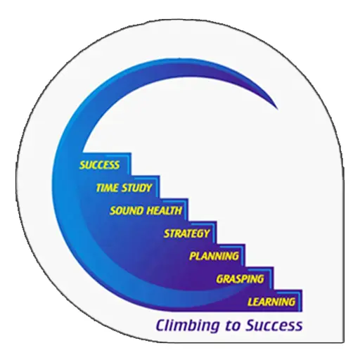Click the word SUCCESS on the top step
point(99,165)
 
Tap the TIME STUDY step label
point(124,188)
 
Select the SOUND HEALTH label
point(146,211)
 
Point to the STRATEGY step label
point(186,233)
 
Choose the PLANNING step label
point(214,256)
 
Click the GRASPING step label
point(240,279)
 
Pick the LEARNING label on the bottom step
point(271,302)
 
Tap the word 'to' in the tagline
point(233,326)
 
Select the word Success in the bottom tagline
point(274,326)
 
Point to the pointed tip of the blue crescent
point(278,110)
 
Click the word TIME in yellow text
point(108,188)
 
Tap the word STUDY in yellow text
point(137,188)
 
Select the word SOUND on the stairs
point(127,211)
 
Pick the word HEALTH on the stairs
point(165,211)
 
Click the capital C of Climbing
point(162,326)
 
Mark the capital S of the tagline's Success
point(251,326)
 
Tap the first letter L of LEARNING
point(250,302)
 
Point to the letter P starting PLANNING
point(193,256)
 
